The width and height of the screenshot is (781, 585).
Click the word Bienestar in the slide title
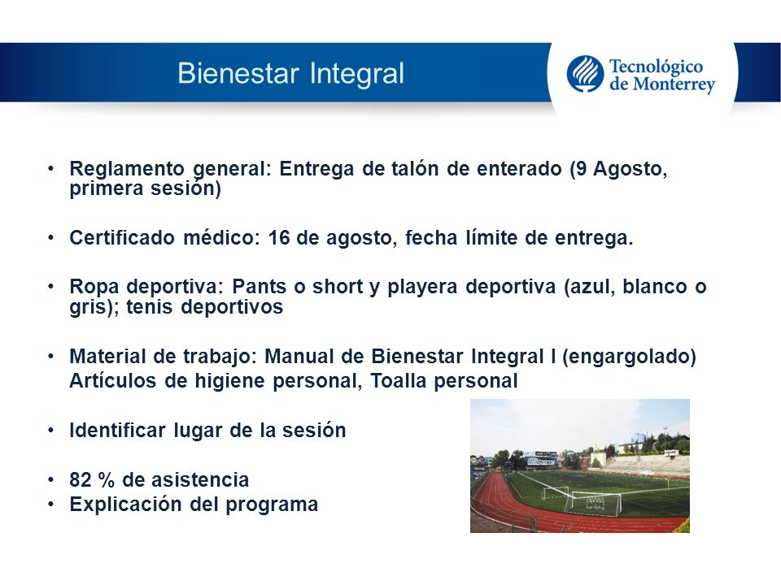point(238,73)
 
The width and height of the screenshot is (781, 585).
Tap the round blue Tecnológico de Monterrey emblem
point(585,74)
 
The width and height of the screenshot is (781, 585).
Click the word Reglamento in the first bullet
point(127,170)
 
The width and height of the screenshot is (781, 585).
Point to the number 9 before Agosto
point(581,169)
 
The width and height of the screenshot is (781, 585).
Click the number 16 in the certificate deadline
point(279,238)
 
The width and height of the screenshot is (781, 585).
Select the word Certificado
point(122,238)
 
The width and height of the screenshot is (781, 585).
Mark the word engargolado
point(629,357)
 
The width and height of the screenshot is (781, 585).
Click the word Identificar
point(117,431)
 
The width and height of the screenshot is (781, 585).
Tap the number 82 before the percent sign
point(81,480)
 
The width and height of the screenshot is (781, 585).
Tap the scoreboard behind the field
point(542,460)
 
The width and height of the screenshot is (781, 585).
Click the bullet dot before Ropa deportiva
point(50,287)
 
